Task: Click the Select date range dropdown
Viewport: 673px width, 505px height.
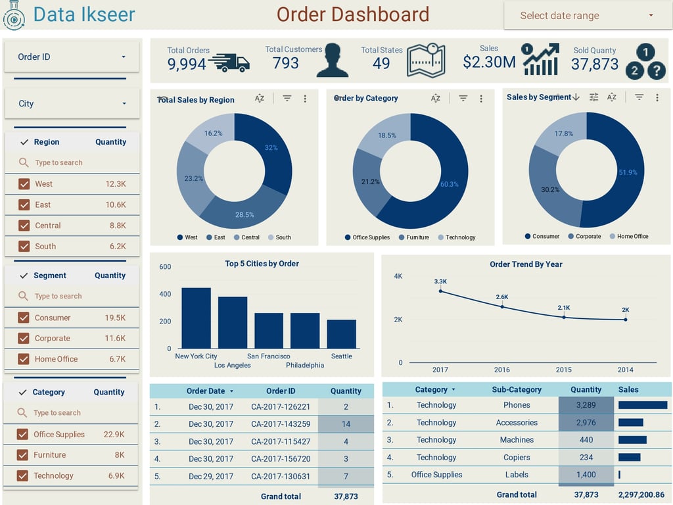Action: coord(586,16)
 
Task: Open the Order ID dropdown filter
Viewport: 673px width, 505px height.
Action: coord(72,57)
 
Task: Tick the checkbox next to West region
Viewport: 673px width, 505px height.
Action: coord(24,184)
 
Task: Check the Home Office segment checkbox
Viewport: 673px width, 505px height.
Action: coord(24,359)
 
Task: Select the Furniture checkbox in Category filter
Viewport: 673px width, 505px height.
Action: coord(22,455)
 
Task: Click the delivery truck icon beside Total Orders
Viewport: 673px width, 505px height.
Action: coord(229,63)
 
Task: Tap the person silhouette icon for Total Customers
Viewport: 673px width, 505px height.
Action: coord(332,61)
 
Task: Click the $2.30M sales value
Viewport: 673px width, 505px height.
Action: coord(489,62)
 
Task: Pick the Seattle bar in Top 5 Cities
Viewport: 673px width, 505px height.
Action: coord(341,334)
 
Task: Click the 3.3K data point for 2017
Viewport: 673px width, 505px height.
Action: coord(440,291)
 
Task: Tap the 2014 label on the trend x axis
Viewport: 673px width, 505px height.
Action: coord(625,370)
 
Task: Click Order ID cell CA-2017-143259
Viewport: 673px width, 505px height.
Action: coord(281,424)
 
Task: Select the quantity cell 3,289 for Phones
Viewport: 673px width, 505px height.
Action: coord(586,405)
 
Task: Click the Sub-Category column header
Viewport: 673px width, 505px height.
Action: coord(517,389)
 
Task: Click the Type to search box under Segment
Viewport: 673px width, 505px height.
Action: coord(72,297)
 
